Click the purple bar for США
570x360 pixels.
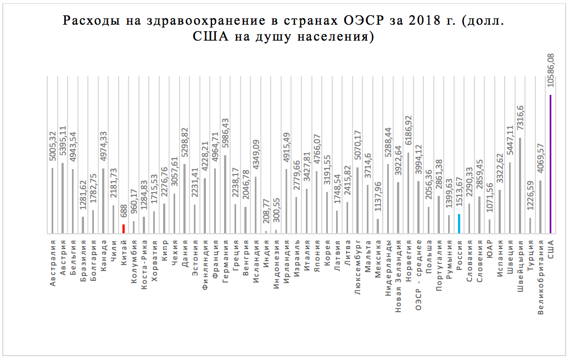550,164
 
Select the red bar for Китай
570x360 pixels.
124,229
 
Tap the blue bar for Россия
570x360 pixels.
459,224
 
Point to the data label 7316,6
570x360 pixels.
520,120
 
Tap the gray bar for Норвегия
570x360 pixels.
409,193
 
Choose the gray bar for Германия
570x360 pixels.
226,194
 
